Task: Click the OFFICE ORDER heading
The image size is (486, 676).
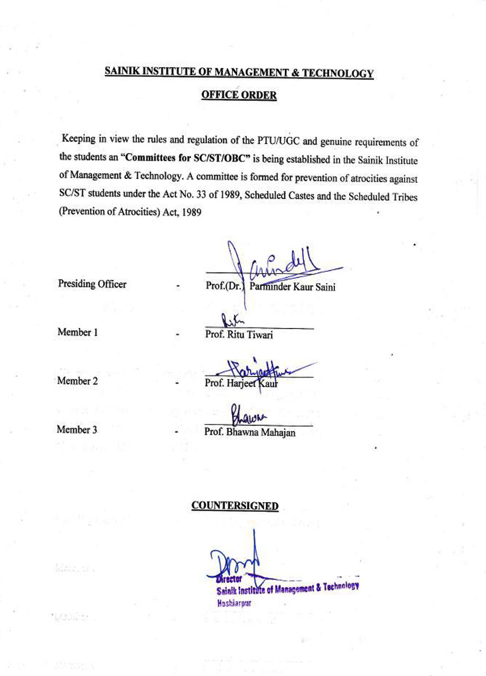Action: tap(239, 95)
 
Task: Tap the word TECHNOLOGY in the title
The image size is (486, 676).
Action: tap(344, 73)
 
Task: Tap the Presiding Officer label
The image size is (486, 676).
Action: tap(92, 284)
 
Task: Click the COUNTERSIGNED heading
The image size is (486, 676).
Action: tap(235, 506)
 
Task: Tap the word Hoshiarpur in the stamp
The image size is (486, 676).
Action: tap(233, 603)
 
